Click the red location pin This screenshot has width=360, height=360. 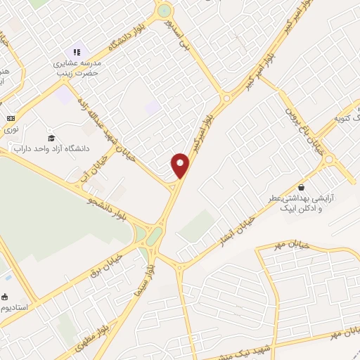pyautogui.click(x=181, y=165)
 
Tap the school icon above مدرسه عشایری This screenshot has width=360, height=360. pyautogui.click(x=77, y=52)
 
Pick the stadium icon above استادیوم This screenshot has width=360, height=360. pyautogui.click(x=6, y=296)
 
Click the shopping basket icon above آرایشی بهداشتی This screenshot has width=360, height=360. pyautogui.click(x=302, y=188)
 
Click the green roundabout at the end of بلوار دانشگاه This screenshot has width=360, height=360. pyautogui.click(x=165, y=11)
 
